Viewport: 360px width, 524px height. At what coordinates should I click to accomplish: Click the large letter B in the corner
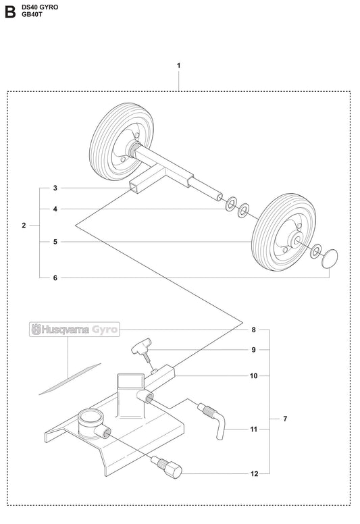(x=9, y=13)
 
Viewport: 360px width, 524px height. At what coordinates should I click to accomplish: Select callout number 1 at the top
(x=178, y=65)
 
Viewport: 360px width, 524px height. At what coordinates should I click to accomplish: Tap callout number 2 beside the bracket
(x=24, y=225)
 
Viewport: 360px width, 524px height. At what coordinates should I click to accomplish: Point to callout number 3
(x=55, y=188)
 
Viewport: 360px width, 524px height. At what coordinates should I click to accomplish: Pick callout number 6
(x=55, y=278)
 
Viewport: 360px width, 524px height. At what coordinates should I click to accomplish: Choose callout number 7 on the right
(x=285, y=419)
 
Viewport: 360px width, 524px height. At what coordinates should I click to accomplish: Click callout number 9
(x=253, y=350)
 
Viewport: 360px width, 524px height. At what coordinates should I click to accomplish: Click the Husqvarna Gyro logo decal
(x=74, y=330)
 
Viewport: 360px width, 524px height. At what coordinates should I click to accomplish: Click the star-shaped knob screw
(x=143, y=349)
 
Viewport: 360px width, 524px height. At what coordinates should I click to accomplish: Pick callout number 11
(x=253, y=429)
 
